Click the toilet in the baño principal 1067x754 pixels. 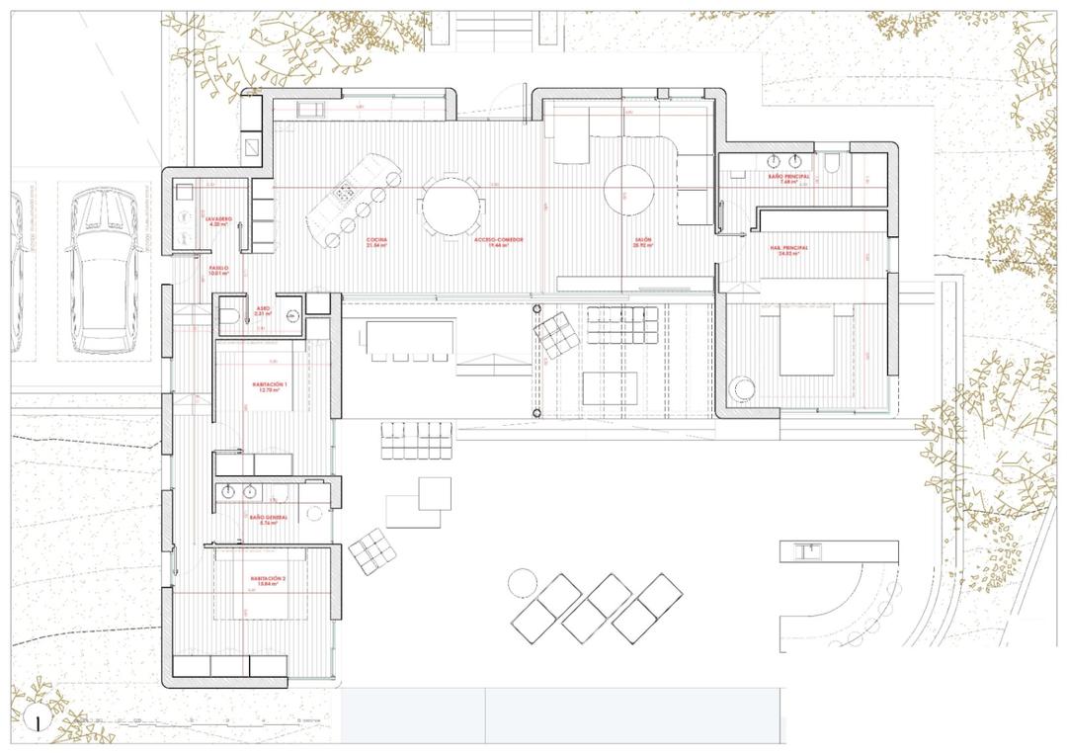click(832, 163)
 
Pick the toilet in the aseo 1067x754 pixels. click(228, 316)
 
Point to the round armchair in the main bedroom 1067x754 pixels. click(743, 389)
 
